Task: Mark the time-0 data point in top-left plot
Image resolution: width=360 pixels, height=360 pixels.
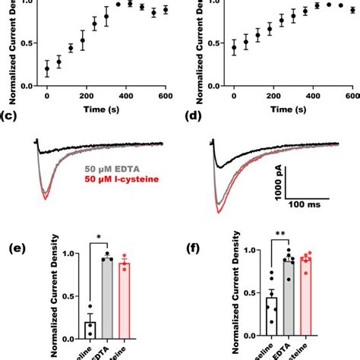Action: [x=47, y=68]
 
